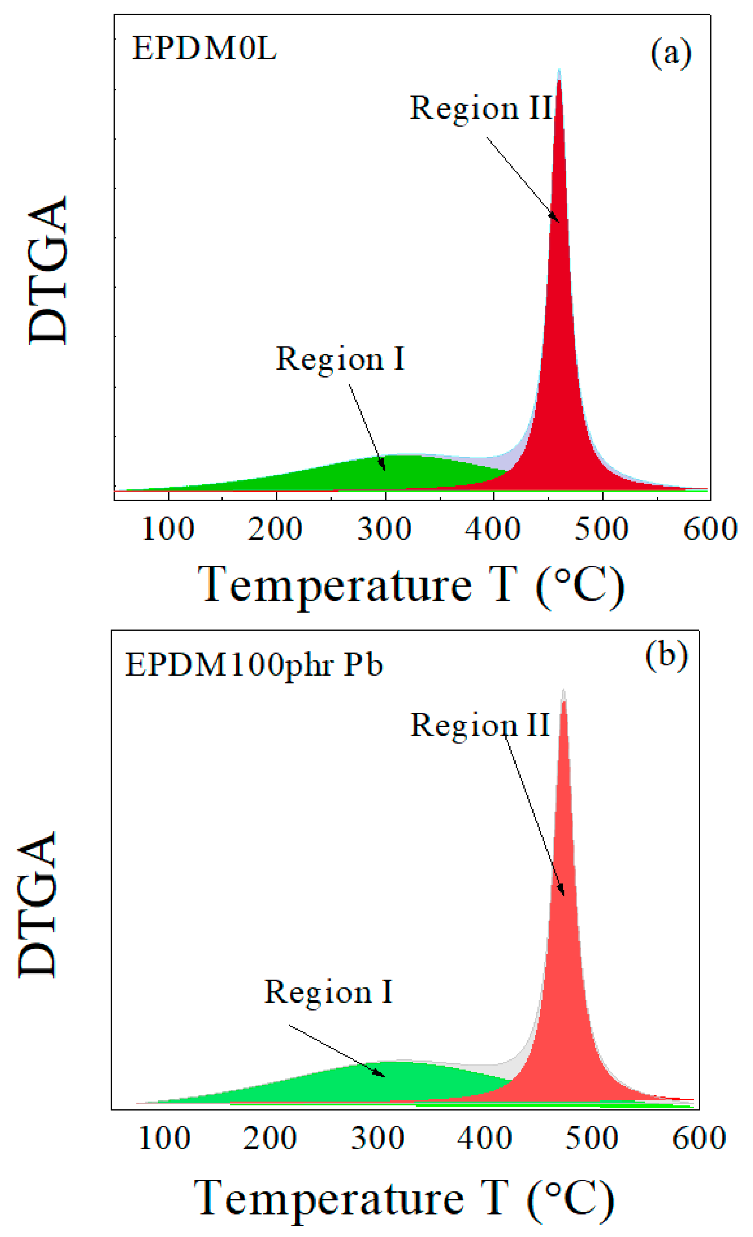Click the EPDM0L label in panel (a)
pyautogui.click(x=204, y=49)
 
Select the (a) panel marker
pyautogui.click(x=671, y=53)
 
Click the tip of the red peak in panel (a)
pyautogui.click(x=559, y=72)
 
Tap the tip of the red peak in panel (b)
pyautogui.click(x=564, y=692)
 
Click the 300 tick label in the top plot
pyautogui.click(x=385, y=529)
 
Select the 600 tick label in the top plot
pyautogui.click(x=710, y=529)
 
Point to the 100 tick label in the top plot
pyautogui.click(x=168, y=529)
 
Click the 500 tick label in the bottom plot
pyautogui.click(x=591, y=1138)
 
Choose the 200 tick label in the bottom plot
pyautogui.click(x=270, y=1138)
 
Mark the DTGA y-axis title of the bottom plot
pyautogui.click(x=38, y=904)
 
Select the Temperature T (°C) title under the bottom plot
pyautogui.click(x=404, y=1199)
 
